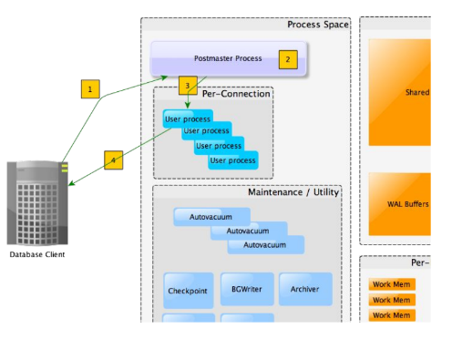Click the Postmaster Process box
tap(228, 58)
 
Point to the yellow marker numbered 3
tap(187, 86)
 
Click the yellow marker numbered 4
tap(113, 159)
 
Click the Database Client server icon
tap(37, 202)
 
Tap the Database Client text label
tap(37, 254)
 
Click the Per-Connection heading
tap(236, 94)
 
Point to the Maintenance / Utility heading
tap(292, 193)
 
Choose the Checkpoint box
tap(189, 291)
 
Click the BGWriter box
tap(246, 290)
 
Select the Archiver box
tap(304, 290)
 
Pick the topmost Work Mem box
tap(392, 284)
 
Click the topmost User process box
tap(187, 118)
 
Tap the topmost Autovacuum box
tap(211, 218)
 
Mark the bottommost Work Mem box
tap(392, 315)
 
